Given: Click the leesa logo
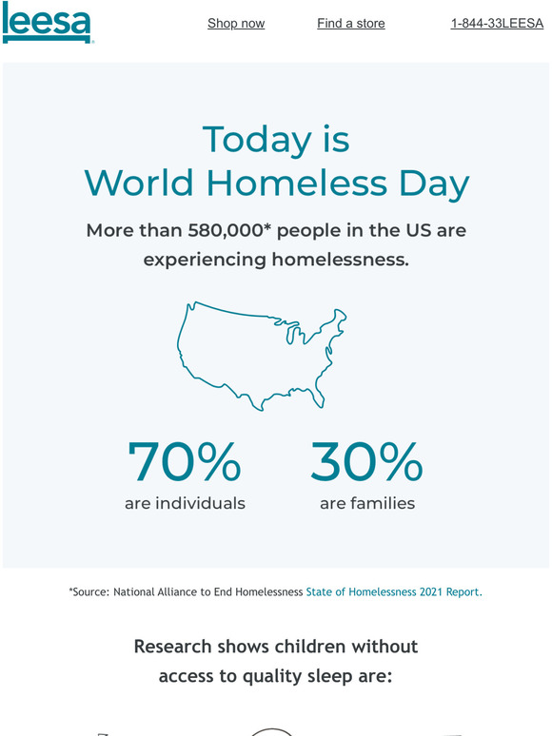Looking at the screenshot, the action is (x=47, y=23).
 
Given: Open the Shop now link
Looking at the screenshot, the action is (x=236, y=23).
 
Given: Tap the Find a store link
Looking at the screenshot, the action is (x=351, y=23).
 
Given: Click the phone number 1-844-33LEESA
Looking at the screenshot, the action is (x=497, y=23).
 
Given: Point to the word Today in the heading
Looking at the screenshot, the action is (x=257, y=139).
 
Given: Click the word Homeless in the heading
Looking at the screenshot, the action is (x=297, y=183).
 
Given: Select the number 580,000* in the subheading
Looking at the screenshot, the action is (x=229, y=230).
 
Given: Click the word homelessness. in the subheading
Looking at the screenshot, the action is (x=340, y=259).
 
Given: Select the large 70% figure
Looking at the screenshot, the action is (x=185, y=462).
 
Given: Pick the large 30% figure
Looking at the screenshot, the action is (x=367, y=462).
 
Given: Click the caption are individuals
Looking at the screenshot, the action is (x=185, y=503).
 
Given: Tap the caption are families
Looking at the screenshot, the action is (x=367, y=503).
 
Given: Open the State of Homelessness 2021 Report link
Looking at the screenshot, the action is (x=394, y=591).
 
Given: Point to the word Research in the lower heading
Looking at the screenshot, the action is (x=173, y=647).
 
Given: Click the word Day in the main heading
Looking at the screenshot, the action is (x=435, y=184).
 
